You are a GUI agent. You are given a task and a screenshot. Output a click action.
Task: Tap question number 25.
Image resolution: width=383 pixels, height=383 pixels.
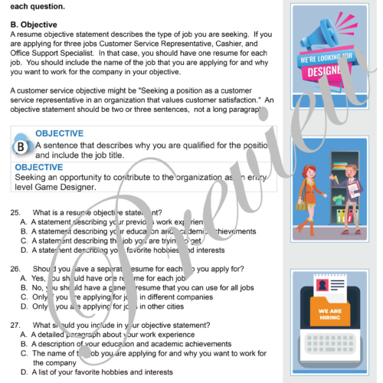click(15, 211)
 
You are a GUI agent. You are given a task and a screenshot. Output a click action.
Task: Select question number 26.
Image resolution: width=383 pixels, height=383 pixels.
click(15, 269)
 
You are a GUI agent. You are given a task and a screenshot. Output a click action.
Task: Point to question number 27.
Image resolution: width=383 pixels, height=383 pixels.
click(15, 325)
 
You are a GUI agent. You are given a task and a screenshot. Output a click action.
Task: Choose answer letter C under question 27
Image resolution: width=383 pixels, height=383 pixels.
click(25, 353)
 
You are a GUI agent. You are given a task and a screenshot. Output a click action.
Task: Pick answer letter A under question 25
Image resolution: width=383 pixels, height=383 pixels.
click(25, 221)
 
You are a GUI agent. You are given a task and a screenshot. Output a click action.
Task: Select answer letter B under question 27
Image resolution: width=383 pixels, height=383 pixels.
click(25, 344)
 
